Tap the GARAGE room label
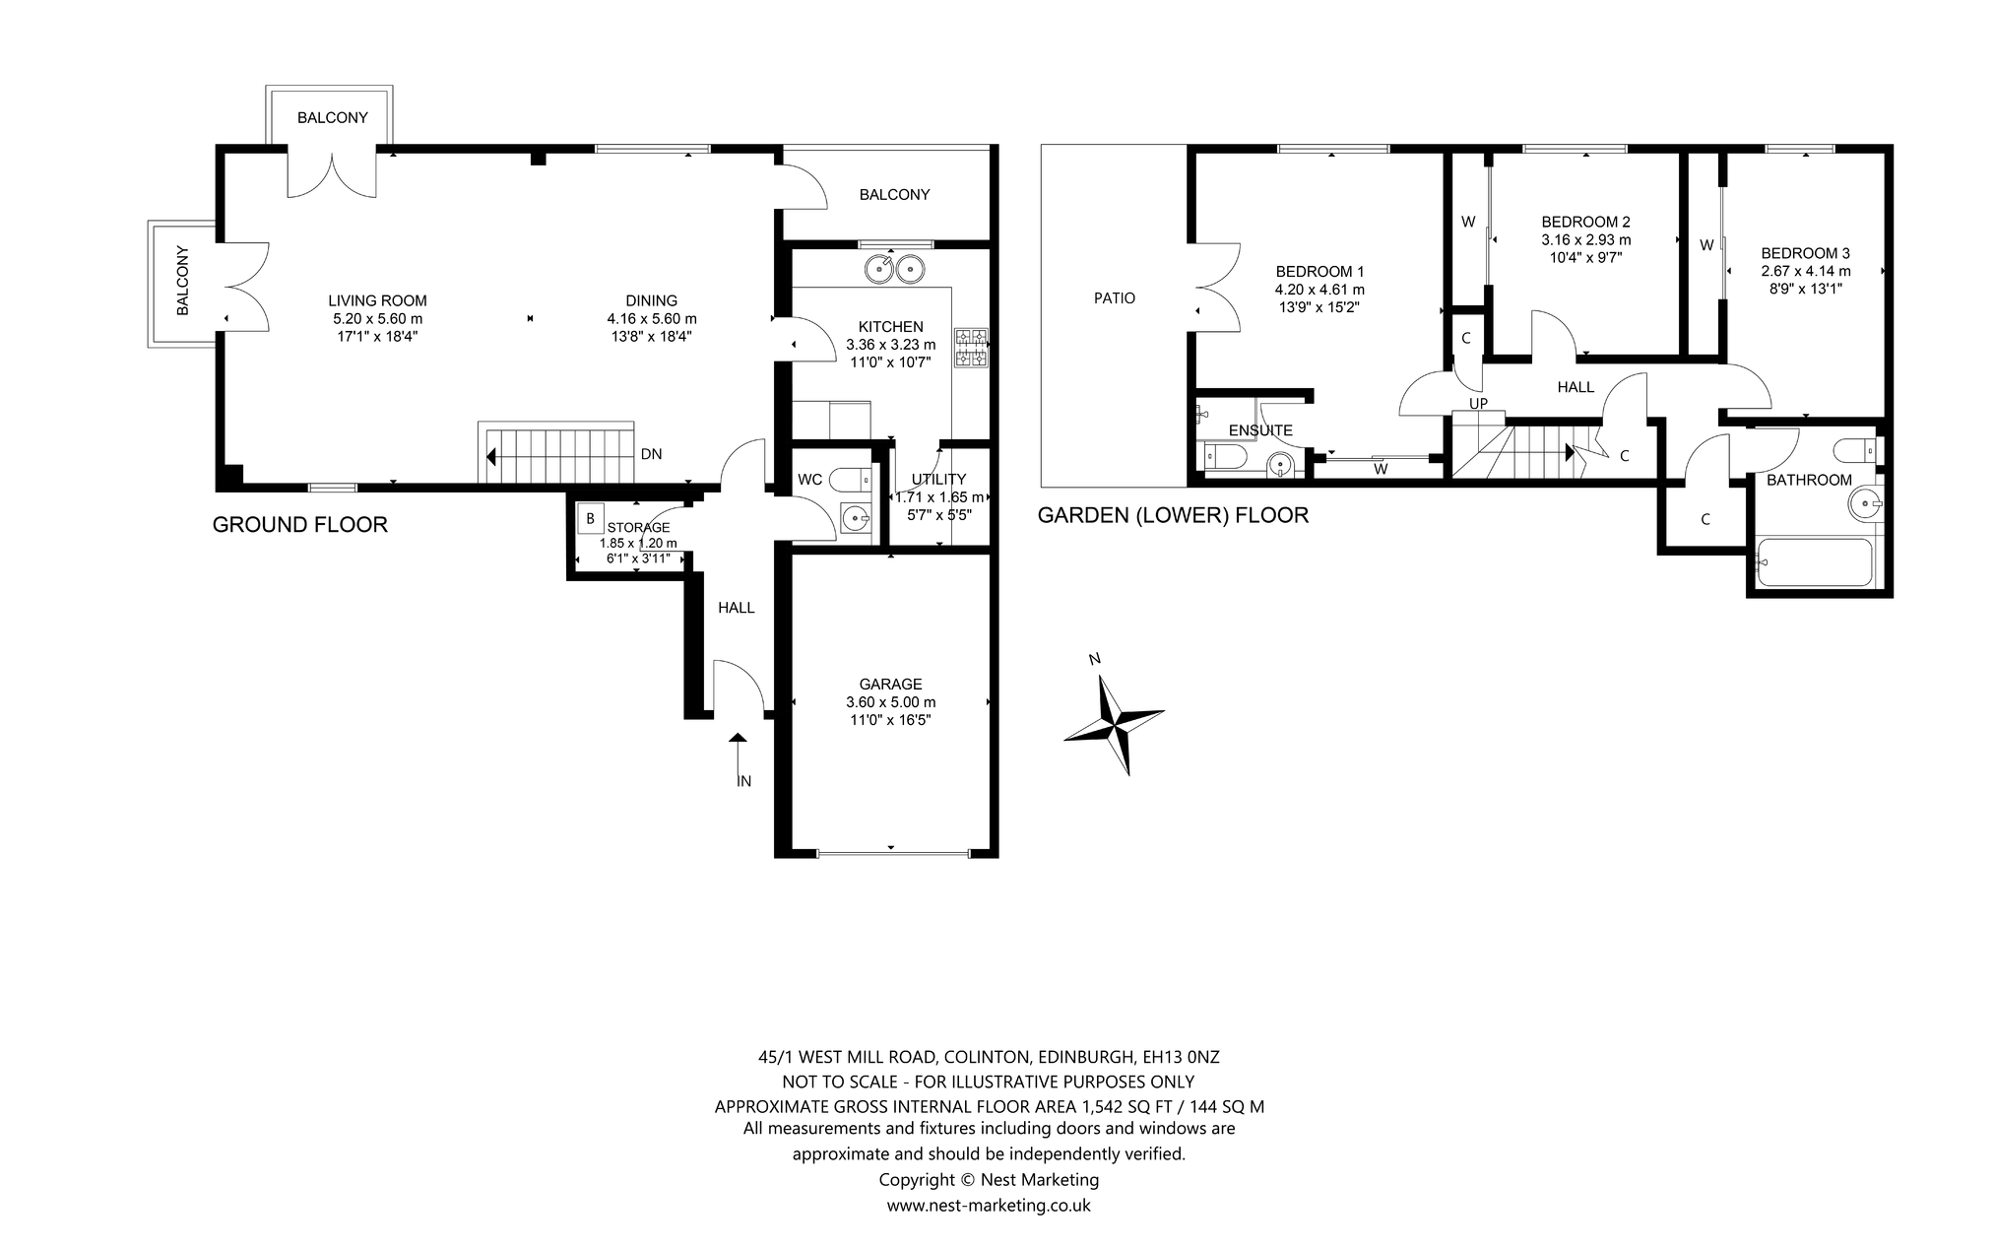point(890,684)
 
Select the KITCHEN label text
point(890,327)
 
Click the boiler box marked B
point(590,518)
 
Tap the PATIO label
point(1115,297)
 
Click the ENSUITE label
point(1260,430)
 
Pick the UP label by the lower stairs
point(1478,403)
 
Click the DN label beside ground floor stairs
point(651,454)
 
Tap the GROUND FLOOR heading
point(300,525)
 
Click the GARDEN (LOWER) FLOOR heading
point(1173,515)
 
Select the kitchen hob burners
point(971,348)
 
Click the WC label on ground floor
point(809,480)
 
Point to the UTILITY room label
point(938,480)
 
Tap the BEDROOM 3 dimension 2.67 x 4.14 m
point(1806,271)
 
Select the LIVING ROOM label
point(377,301)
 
